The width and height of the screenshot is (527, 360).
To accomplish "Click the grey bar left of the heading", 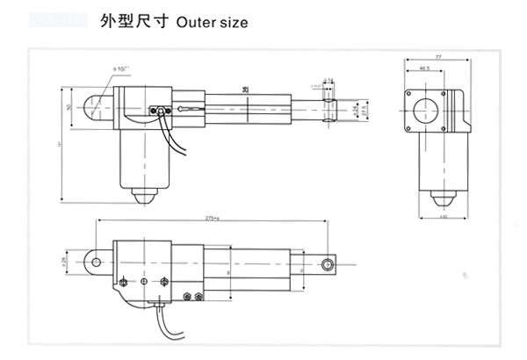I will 58,21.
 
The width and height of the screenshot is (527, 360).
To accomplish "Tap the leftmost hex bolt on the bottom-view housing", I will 123,281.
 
